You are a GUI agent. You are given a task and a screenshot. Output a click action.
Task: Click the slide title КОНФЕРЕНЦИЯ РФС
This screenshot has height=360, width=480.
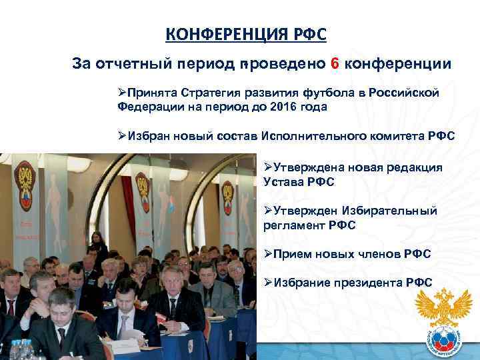246,35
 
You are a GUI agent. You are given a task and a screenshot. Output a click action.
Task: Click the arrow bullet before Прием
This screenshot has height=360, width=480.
268,254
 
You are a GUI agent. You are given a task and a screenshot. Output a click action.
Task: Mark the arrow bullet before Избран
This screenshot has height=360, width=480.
122,136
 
